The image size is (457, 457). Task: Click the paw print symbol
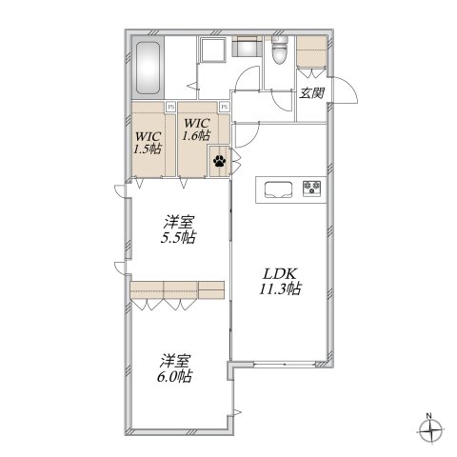click(220, 161)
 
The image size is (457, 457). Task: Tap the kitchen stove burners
click(312, 186)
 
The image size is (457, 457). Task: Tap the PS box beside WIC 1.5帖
click(170, 107)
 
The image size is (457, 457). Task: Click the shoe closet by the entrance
click(311, 53)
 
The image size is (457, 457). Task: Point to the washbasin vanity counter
click(247, 48)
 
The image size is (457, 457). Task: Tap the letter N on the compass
click(429, 416)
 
